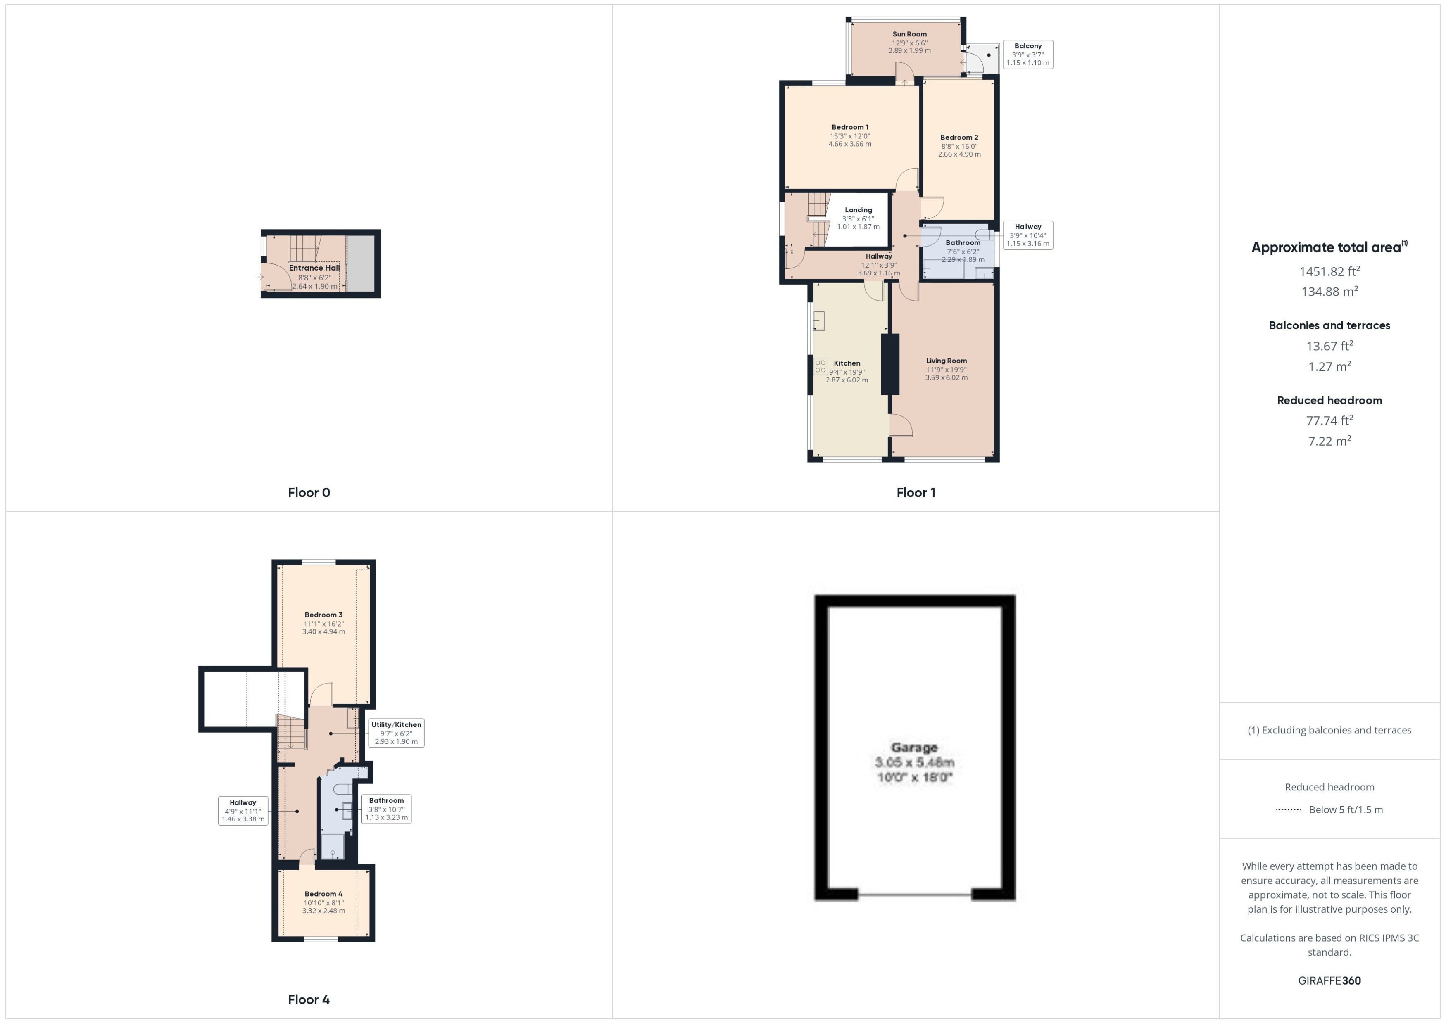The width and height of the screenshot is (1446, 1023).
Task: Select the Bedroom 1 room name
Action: [849, 127]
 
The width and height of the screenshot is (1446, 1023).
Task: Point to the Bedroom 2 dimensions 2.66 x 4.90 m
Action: [959, 154]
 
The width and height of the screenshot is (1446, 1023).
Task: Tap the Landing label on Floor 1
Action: [858, 210]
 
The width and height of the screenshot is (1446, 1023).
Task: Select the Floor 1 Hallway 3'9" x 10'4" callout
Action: [1027, 235]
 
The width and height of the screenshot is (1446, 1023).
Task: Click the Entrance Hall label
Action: [314, 268]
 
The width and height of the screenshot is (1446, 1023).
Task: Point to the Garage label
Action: [914, 748]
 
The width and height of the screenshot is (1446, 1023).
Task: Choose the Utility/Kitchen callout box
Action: [396, 733]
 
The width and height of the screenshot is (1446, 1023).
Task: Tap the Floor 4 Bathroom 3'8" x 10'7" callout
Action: [386, 809]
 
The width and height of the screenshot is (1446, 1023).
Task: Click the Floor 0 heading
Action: [309, 493]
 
